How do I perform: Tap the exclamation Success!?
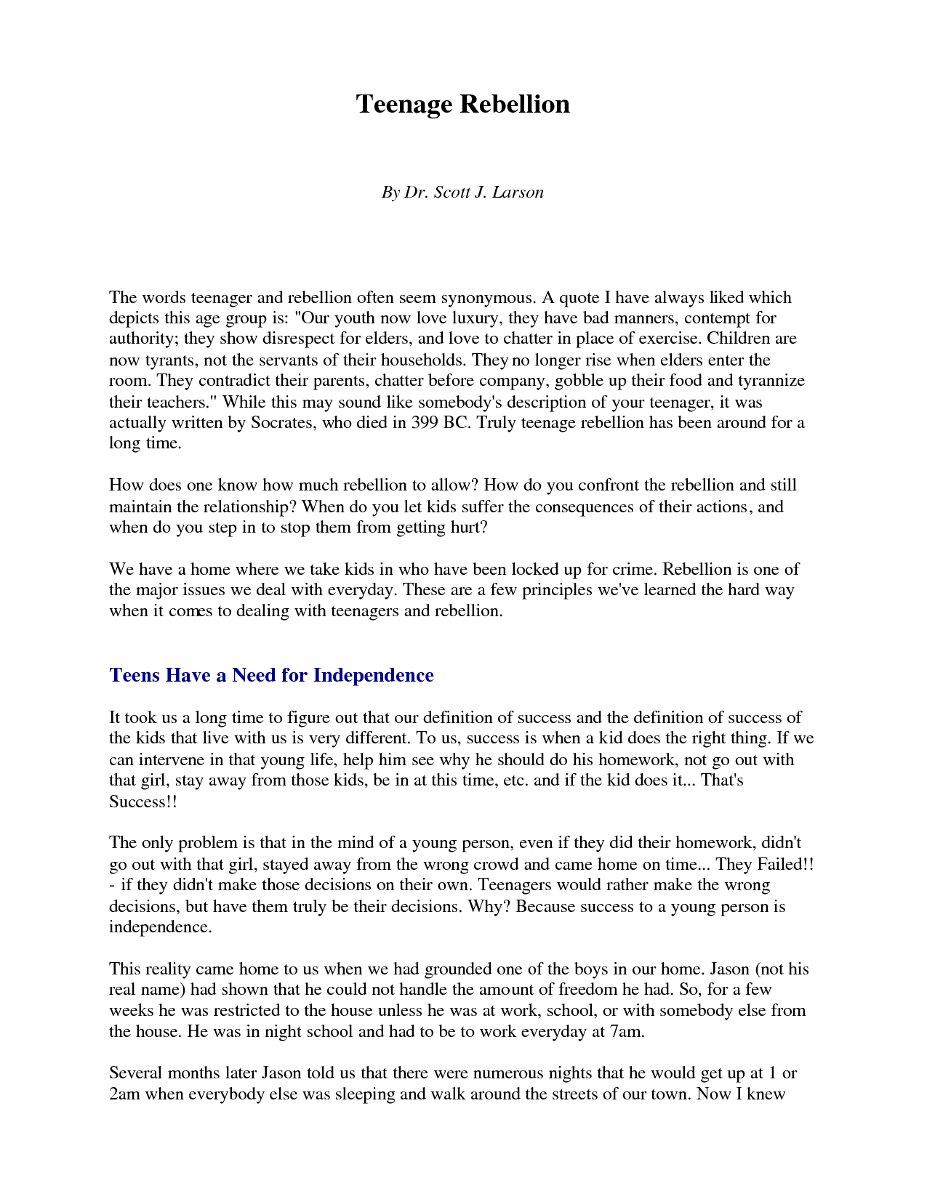143,802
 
